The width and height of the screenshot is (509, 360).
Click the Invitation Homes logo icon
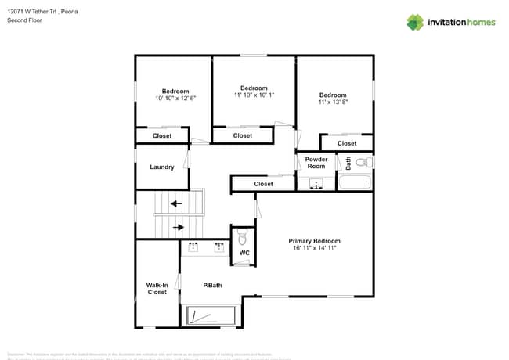point(415,22)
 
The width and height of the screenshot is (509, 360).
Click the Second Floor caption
point(25,20)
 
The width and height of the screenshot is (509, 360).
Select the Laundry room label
point(162,167)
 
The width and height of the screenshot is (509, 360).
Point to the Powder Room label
point(316,163)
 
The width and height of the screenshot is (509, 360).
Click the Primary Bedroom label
point(314,241)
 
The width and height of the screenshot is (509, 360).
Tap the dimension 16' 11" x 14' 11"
point(314,248)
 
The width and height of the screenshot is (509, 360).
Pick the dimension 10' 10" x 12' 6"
point(175,98)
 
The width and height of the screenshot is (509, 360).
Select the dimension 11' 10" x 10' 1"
point(254,95)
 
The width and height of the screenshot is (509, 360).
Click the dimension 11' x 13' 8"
point(333,102)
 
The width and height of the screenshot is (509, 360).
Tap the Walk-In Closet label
point(157,289)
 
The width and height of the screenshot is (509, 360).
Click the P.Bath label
point(212,285)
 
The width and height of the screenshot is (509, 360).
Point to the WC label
point(244,253)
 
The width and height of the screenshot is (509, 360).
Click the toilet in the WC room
point(243,236)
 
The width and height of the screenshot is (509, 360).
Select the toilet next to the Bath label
point(362,163)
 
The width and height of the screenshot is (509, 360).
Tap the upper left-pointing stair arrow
point(176,203)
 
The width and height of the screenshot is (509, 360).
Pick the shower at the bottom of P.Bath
point(208,316)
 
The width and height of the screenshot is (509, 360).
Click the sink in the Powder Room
point(316,185)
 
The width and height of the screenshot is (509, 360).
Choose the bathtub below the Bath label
point(355,184)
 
